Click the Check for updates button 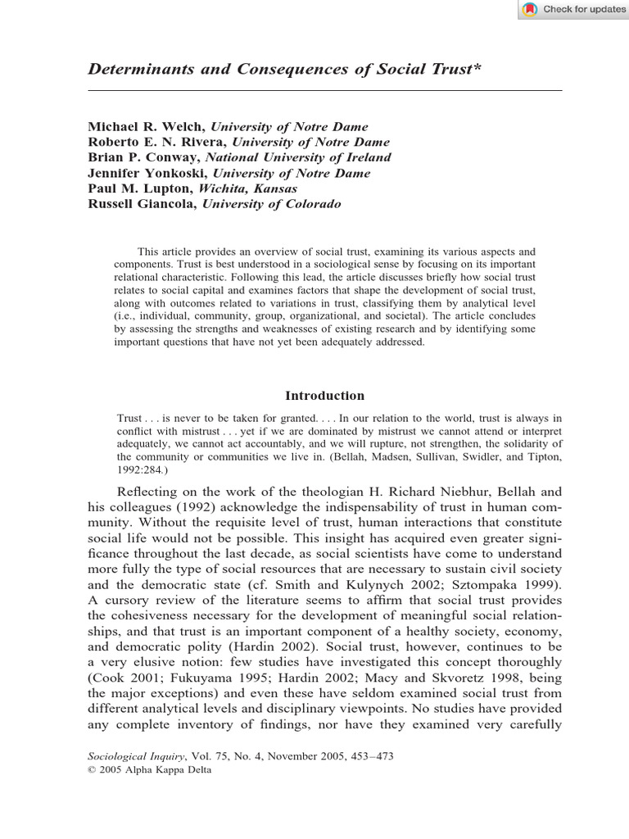point(572,9)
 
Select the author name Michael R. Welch point(147,127)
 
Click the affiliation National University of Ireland point(298,157)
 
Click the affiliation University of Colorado point(272,204)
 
